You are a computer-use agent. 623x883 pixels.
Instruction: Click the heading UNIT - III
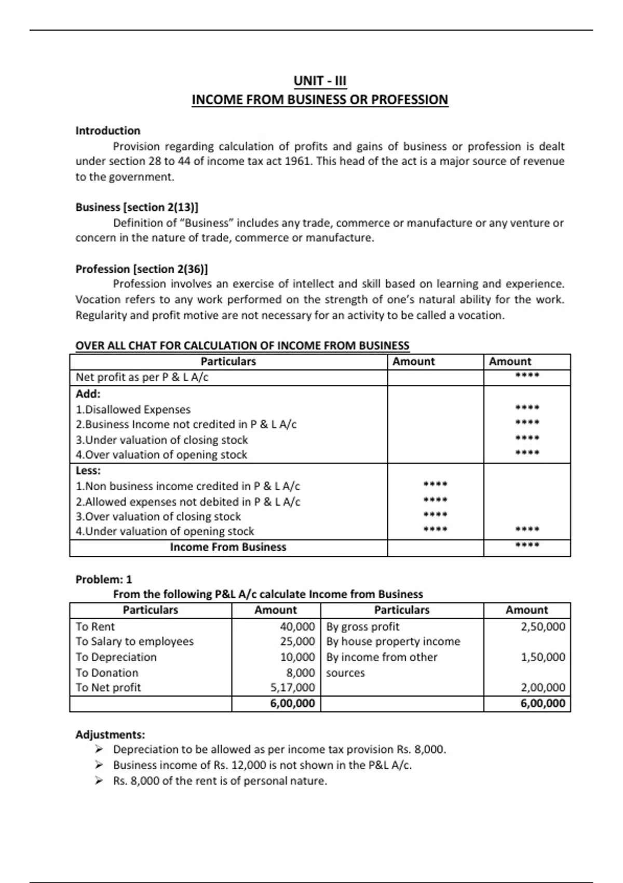point(320,81)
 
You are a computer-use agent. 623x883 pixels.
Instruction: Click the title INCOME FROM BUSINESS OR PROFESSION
point(320,100)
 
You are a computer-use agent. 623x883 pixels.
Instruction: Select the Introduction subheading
point(108,131)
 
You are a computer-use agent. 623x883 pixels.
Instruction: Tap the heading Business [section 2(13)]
point(137,207)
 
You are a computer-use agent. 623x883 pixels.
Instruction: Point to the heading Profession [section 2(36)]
point(142,269)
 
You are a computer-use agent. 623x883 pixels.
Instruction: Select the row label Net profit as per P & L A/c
point(142,378)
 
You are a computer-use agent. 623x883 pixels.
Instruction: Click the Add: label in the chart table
point(88,394)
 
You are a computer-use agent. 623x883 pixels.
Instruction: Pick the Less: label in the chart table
point(88,471)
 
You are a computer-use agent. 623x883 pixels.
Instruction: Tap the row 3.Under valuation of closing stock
point(161,440)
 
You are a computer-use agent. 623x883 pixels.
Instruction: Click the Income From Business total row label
point(228,547)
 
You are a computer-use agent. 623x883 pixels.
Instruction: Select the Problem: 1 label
point(104,580)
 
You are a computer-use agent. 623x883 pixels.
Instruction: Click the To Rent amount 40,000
point(297,627)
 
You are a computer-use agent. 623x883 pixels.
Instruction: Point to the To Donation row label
point(107,673)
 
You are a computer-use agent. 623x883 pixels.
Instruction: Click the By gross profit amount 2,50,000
point(543,627)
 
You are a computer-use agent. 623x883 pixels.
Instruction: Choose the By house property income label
point(393,642)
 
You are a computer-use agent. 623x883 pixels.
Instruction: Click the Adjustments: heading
point(110,735)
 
